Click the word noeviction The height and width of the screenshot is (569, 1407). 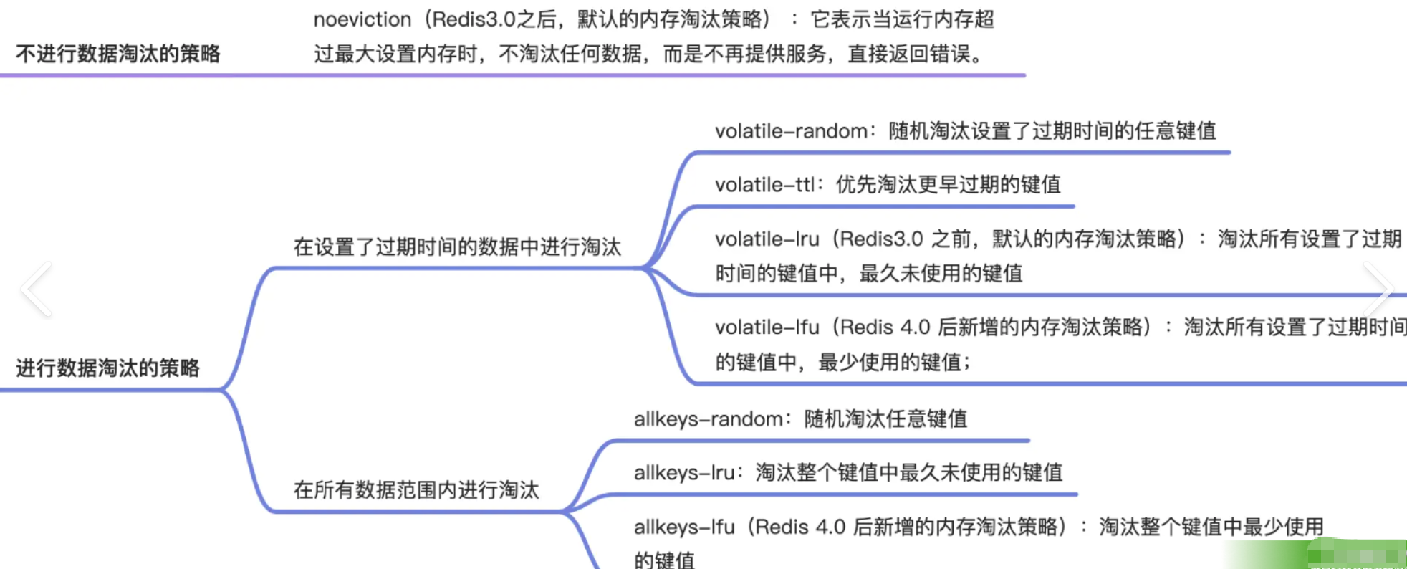pyautogui.click(x=362, y=19)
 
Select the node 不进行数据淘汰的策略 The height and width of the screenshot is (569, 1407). pyautogui.click(x=118, y=54)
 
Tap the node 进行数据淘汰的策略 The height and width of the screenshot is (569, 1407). pyautogui.click(x=108, y=368)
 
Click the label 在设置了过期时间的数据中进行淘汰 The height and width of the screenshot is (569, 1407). pyautogui.click(x=457, y=247)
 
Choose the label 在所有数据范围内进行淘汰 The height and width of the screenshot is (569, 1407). pyautogui.click(x=416, y=490)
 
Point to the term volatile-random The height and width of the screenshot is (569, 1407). pyautogui.click(x=791, y=131)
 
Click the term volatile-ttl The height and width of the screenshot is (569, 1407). pyautogui.click(x=764, y=185)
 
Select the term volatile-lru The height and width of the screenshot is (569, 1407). pyautogui.click(x=767, y=239)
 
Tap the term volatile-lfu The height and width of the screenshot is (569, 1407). pyautogui.click(x=767, y=327)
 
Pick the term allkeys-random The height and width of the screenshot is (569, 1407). pyautogui.click(x=708, y=419)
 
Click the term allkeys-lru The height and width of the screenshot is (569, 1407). pyautogui.click(x=683, y=473)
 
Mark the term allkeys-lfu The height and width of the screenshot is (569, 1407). pyautogui.click(x=684, y=527)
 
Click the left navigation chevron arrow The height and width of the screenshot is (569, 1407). pyautogui.click(x=36, y=289)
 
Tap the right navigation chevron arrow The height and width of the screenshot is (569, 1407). pyautogui.click(x=1377, y=289)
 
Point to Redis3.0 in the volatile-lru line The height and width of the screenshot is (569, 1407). pyautogui.click(x=881, y=239)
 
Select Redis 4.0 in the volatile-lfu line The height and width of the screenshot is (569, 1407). pyautogui.click(x=885, y=327)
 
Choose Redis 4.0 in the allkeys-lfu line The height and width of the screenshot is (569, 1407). pyautogui.click(x=800, y=527)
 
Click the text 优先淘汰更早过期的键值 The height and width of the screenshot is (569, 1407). pyautogui.click(x=949, y=185)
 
